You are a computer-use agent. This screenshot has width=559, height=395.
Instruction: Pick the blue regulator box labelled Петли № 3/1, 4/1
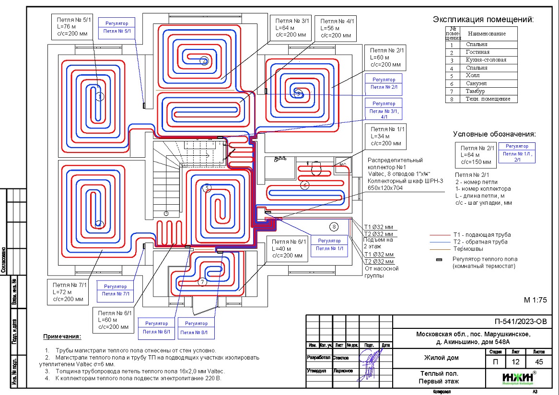pos(384,109)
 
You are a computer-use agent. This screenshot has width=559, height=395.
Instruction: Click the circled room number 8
pos(334,227)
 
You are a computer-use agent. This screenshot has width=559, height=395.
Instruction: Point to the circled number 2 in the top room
pos(204,61)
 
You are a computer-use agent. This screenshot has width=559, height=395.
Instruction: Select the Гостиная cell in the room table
pos(477,52)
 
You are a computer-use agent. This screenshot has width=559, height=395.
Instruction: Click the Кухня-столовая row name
pos(486,60)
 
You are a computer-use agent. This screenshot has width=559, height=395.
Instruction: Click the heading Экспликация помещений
pos(483,20)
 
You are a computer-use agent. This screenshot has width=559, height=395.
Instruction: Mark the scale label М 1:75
pos(535,300)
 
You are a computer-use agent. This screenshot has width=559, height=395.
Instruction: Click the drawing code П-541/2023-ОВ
pos(520,321)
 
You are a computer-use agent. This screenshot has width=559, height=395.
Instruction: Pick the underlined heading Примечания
pos(62,337)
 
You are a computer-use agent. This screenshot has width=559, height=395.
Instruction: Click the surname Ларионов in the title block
pos(343,371)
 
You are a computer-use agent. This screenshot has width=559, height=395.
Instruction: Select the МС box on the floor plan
pos(342,164)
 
